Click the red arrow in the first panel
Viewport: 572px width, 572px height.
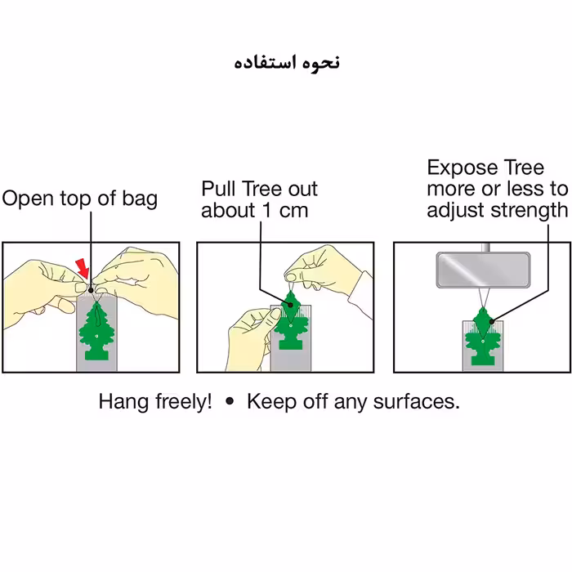tap(83, 268)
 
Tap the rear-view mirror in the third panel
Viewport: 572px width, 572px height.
tap(483, 270)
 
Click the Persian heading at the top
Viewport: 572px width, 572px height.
tap(287, 63)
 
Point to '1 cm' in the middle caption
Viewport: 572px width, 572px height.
tap(285, 211)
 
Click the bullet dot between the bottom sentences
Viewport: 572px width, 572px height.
tap(230, 401)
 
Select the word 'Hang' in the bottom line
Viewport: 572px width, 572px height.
tap(123, 402)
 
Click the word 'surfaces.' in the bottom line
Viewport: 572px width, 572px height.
tap(416, 402)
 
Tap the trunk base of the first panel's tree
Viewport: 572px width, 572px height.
tap(97, 355)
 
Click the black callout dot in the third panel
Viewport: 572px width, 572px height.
tap(492, 322)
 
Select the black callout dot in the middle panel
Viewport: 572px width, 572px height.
tap(291, 304)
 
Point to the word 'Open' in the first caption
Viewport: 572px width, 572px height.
tap(29, 199)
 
